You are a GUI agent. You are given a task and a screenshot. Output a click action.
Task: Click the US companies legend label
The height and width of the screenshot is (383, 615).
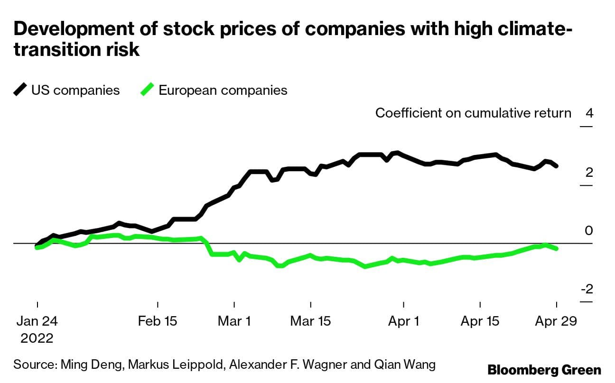75,90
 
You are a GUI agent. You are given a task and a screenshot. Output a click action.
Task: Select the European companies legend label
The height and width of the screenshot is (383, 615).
223,90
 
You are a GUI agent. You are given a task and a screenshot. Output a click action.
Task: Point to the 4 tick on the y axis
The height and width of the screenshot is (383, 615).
589,114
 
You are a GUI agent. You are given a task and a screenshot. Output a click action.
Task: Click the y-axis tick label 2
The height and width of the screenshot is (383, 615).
589,172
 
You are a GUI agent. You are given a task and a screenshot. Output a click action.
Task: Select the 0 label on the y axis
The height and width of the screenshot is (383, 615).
589,231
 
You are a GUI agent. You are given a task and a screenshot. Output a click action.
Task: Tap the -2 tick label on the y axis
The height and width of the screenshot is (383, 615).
587,289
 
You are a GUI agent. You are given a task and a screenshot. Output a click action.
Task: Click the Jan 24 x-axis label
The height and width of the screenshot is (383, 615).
37,321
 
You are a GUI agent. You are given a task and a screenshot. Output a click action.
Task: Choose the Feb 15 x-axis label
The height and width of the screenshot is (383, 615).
158,321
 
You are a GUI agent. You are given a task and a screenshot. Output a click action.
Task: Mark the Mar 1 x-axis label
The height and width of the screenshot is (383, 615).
234,321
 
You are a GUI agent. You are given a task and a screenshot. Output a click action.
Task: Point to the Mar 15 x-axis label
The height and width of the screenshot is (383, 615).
310,321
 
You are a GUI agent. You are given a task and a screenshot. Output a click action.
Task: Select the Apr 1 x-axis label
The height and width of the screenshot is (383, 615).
404,321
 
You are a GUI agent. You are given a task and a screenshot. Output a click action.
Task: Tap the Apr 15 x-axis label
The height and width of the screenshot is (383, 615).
480,321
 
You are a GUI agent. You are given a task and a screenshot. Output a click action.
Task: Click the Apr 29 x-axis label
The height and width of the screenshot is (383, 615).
556,321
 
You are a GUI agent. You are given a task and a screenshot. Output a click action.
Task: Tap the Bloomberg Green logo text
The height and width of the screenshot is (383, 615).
544,370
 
